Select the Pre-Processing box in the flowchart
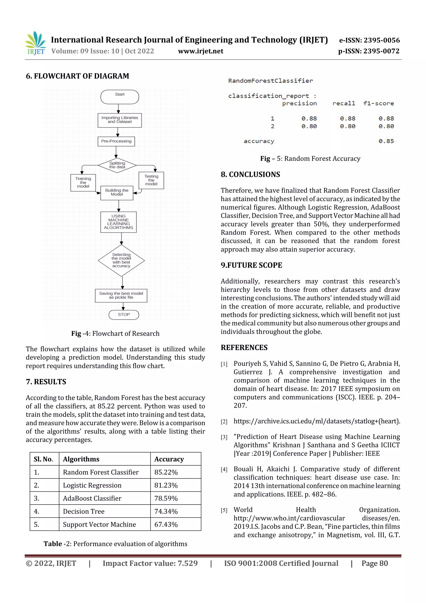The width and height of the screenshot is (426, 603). tap(116, 141)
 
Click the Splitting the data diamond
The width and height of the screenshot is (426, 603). tap(117, 165)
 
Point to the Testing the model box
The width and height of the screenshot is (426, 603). tap(151, 180)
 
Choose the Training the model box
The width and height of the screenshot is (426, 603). tap(83, 183)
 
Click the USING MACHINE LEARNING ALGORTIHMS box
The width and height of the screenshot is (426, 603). tap(118, 222)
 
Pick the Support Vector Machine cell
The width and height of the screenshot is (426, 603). tap(99, 525)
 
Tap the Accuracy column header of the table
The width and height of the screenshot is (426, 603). tap(169, 459)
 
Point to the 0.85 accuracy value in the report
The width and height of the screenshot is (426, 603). tap(386, 141)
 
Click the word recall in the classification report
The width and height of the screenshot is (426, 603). tap(344, 103)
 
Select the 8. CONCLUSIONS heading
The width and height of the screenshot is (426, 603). tap(250, 174)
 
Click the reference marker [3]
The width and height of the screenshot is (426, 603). tap(224, 437)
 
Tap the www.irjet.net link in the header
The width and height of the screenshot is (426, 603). tap(201, 51)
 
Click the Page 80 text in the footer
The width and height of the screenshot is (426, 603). tap(375, 563)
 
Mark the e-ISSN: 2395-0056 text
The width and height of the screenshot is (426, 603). tap(369, 40)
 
